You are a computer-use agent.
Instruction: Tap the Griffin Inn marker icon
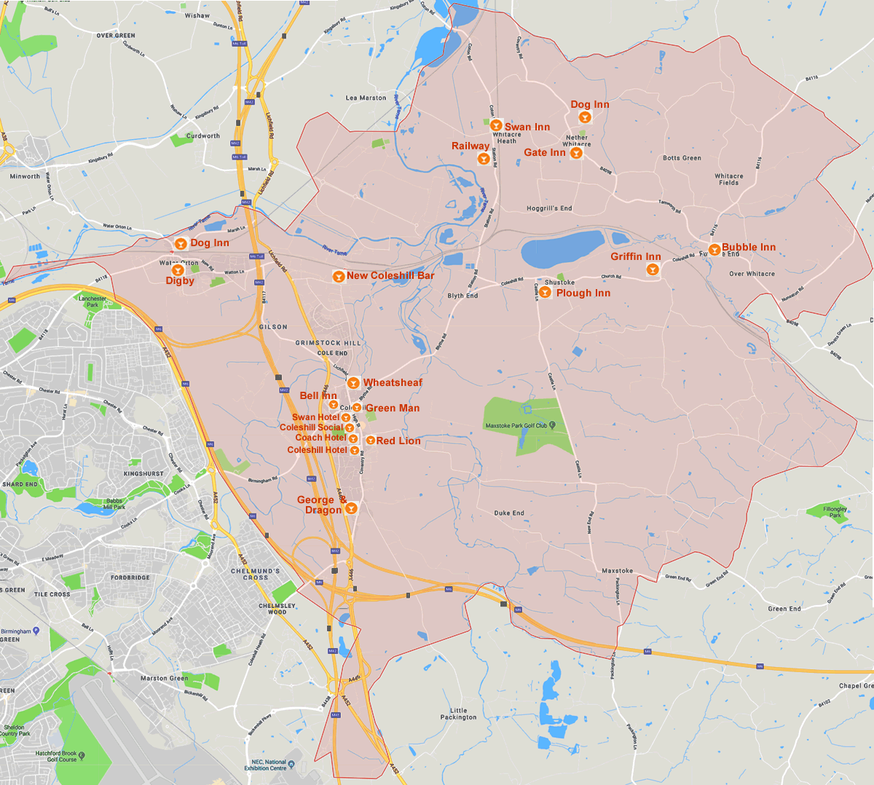653,269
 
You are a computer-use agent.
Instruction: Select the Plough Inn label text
583,293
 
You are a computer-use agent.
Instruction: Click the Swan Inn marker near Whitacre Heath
496,126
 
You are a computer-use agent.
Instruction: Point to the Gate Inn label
544,152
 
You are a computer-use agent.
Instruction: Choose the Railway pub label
470,146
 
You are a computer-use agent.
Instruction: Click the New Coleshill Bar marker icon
338,277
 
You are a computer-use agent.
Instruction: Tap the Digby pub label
180,281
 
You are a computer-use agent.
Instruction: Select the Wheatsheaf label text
393,382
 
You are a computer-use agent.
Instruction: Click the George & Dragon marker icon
350,508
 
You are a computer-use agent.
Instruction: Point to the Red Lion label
398,441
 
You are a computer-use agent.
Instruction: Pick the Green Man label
393,408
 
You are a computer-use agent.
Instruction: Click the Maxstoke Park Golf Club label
516,425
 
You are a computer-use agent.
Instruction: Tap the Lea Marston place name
366,98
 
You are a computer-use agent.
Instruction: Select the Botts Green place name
682,158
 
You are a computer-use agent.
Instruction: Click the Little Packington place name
459,714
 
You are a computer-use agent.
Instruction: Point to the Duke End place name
509,513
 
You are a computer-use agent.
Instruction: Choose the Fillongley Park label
835,512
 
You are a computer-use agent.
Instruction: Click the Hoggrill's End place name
549,208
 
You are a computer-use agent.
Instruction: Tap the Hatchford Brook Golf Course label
57,756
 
